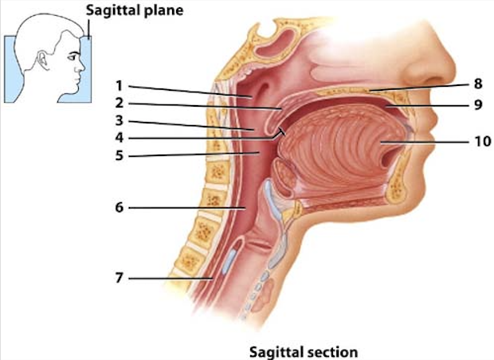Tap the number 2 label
click(117, 104)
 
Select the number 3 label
click(117, 122)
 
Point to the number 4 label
click(117, 138)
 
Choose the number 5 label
click(117, 155)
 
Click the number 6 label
click(117, 209)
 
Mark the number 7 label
click(117, 278)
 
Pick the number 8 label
click(478, 84)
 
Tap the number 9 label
click(478, 104)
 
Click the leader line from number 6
click(183, 208)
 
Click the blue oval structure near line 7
click(232, 259)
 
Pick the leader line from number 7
click(167, 278)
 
